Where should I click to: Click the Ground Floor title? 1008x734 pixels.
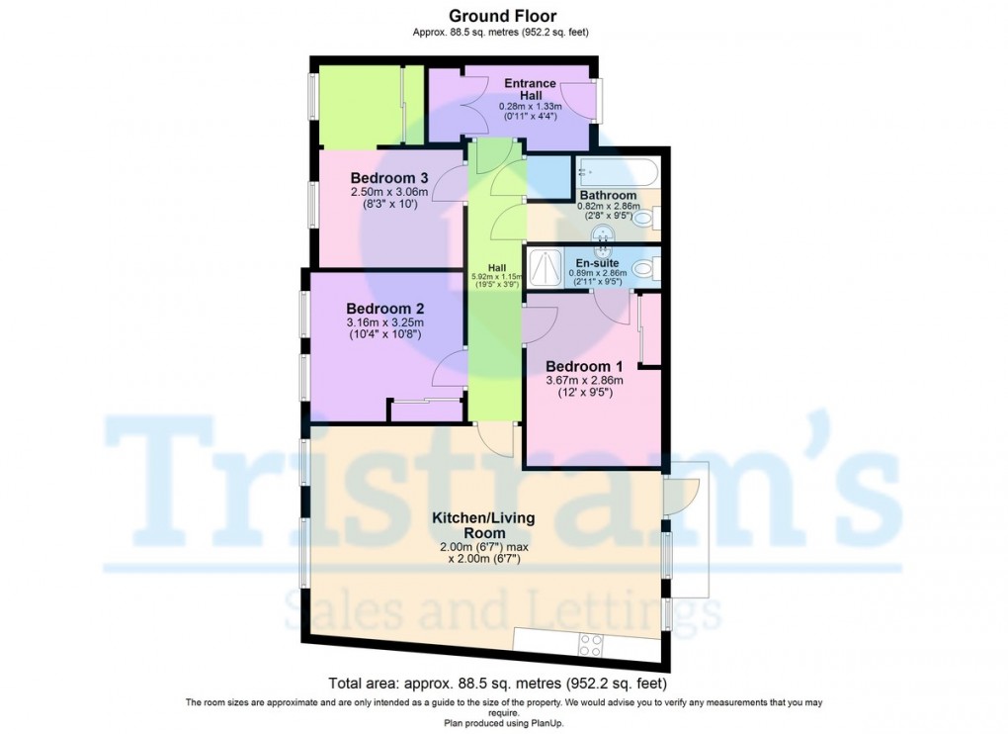click(503, 16)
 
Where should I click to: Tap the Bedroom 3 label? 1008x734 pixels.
click(389, 177)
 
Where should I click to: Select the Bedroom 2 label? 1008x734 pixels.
click(385, 309)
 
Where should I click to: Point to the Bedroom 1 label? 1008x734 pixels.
click(584, 367)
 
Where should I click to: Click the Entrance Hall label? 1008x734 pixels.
click(531, 89)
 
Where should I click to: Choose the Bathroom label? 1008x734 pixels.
click(608, 195)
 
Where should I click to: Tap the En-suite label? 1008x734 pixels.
click(597, 263)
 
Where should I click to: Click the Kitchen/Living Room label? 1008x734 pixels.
click(483, 525)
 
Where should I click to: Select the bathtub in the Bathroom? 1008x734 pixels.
click(617, 172)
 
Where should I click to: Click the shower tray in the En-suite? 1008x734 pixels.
click(544, 268)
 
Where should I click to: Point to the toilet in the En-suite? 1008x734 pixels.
click(645, 268)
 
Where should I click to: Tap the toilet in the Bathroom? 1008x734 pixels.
click(646, 218)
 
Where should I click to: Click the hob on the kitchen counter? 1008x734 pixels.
click(591, 645)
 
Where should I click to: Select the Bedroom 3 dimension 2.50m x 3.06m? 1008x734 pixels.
click(389, 192)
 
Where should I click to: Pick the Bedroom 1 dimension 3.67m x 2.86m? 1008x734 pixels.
click(584, 380)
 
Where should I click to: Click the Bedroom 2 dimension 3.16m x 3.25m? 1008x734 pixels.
click(385, 322)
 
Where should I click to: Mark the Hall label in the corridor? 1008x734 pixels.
click(497, 268)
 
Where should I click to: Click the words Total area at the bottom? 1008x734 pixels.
click(360, 684)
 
